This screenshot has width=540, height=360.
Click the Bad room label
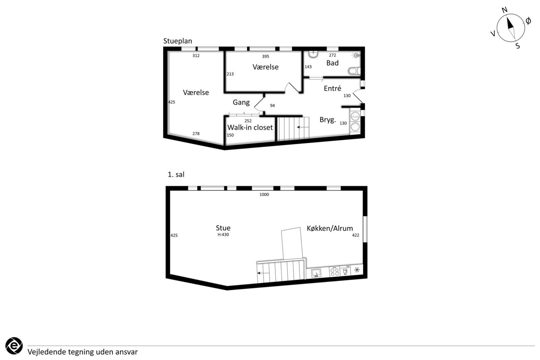pyautogui.click(x=332, y=63)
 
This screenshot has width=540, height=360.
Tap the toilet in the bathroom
pyautogui.click(x=354, y=71)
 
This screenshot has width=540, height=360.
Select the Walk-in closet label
pyautogui.click(x=250, y=127)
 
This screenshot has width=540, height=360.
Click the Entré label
pyautogui.click(x=332, y=88)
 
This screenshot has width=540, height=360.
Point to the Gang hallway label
pyautogui.click(x=241, y=103)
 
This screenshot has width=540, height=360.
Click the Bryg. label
pyautogui.click(x=328, y=120)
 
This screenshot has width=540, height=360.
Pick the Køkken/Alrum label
pyautogui.click(x=329, y=228)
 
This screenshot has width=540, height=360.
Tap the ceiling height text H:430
pyautogui.click(x=223, y=235)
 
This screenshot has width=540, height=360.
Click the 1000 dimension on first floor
pyautogui.click(x=264, y=194)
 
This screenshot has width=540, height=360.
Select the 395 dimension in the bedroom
pyautogui.click(x=265, y=56)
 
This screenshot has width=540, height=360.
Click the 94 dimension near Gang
pyautogui.click(x=272, y=105)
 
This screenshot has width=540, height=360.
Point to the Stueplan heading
pyautogui.click(x=178, y=41)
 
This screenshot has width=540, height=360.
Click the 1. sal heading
pyautogui.click(x=176, y=174)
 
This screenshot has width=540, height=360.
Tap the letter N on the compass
pyautogui.click(x=505, y=10)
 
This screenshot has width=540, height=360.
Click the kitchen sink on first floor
pyautogui.click(x=316, y=273)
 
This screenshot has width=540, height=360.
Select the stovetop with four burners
pyautogui.click(x=335, y=272)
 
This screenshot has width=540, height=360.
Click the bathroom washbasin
pyautogui.click(x=313, y=54)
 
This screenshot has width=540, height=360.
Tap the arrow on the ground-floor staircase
pyautogui.click(x=302, y=127)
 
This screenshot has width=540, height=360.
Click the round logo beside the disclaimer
pyautogui.click(x=14, y=346)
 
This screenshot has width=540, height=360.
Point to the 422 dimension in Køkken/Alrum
pyautogui.click(x=356, y=235)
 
